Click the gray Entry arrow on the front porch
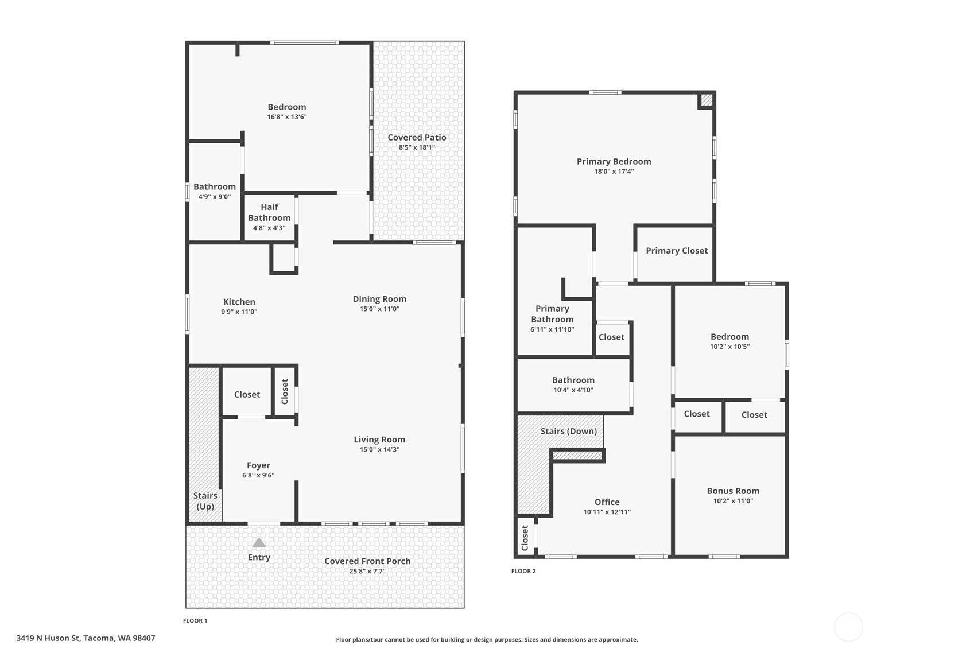point(259,542)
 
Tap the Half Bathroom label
point(269,212)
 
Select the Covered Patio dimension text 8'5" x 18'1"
point(417,147)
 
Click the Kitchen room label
point(239,302)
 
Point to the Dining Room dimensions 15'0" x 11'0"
point(379,309)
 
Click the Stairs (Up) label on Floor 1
point(205,501)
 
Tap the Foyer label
point(258,465)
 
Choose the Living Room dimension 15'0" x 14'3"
point(379,449)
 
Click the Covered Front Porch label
point(367,561)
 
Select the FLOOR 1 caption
point(195,621)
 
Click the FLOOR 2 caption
point(523,571)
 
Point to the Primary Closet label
point(677,251)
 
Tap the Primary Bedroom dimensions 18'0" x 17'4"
point(614,172)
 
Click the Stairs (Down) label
point(569,431)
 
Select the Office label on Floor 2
point(607,502)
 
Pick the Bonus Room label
point(733,491)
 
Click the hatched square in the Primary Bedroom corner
point(707,100)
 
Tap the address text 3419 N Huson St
point(48,638)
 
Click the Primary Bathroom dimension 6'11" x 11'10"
point(552,329)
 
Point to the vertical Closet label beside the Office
point(525,538)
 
